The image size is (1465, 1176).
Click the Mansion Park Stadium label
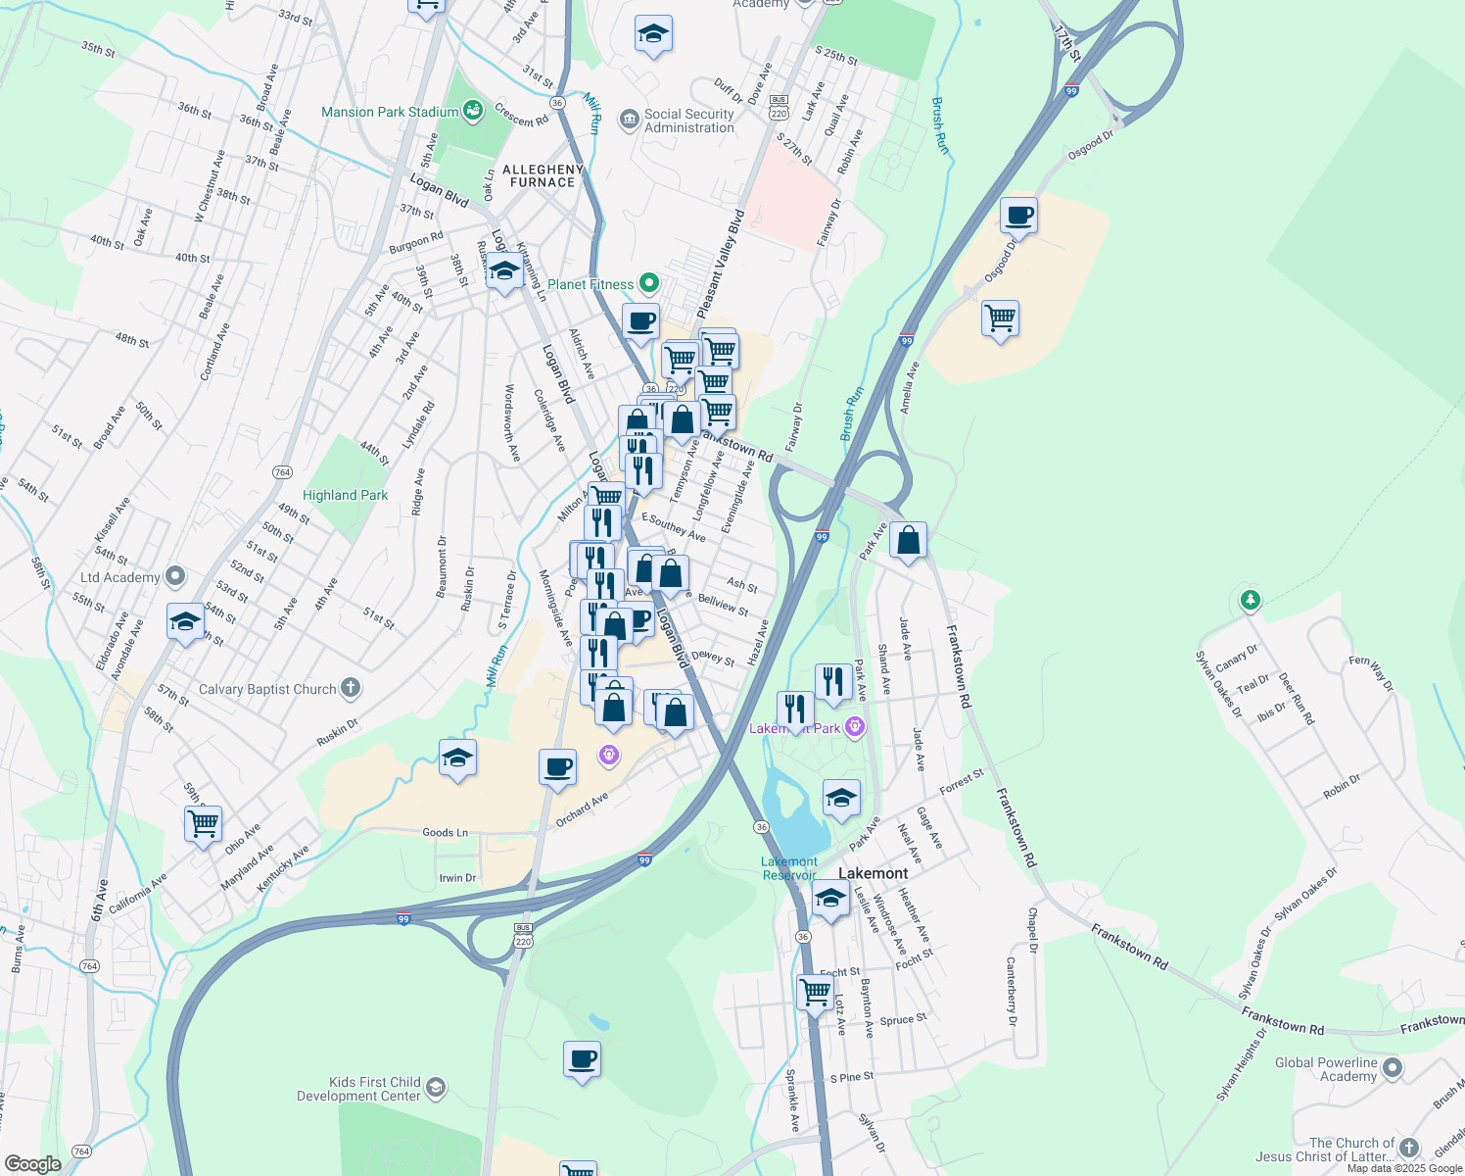tap(390, 112)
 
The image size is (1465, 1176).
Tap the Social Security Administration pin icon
tap(629, 120)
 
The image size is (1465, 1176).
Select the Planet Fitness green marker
tap(648, 283)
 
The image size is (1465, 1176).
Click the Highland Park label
tap(345, 495)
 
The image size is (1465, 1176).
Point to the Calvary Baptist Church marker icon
tap(351, 688)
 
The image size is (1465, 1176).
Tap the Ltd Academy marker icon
tap(176, 576)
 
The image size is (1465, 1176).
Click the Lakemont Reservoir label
tap(788, 868)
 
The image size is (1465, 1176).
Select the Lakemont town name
tap(873, 873)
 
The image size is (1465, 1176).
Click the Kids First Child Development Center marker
tap(437, 1087)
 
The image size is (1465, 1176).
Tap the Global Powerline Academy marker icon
tap(1393, 1068)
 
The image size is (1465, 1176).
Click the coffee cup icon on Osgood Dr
tap(1018, 215)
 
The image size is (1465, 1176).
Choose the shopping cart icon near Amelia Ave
tap(1000, 318)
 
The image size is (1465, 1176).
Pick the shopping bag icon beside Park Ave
tap(908, 540)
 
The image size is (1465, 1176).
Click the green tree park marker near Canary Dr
tap(1250, 599)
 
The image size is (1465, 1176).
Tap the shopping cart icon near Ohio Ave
tap(203, 823)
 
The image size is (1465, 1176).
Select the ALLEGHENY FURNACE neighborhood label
tap(543, 175)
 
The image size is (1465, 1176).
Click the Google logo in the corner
tap(32, 1163)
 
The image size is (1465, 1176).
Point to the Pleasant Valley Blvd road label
tap(720, 263)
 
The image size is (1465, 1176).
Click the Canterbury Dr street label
tap(1011, 991)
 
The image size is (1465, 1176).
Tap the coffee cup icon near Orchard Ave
tap(557, 766)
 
